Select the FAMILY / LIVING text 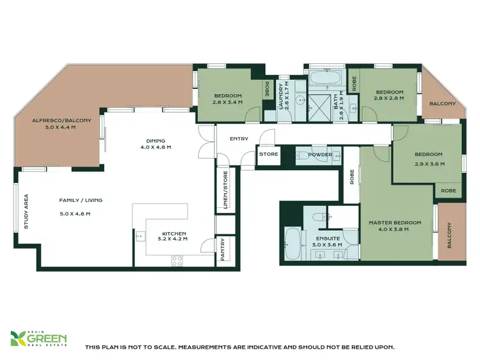[81, 200]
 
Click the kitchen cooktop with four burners [176, 260]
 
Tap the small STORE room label [268, 154]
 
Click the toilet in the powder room [300, 154]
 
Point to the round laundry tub [285, 116]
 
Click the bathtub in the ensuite [292, 243]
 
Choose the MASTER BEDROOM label [395, 223]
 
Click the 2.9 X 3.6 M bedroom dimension [428, 164]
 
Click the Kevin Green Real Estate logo [39, 339]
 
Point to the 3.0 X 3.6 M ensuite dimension [326, 244]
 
